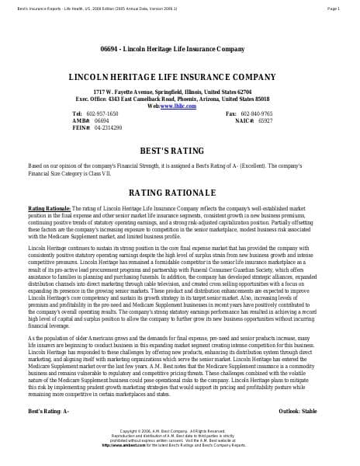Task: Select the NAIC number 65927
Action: pos(265,120)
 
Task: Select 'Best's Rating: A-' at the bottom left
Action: pos(49,410)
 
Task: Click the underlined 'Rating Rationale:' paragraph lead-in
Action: pos(49,209)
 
